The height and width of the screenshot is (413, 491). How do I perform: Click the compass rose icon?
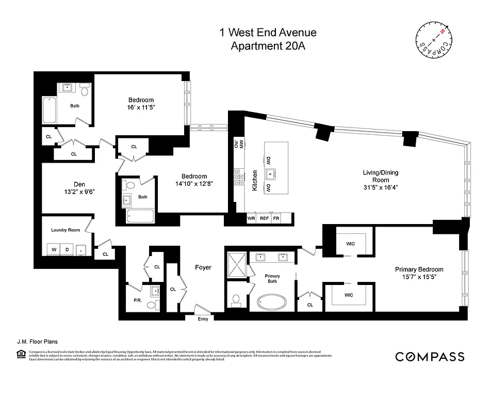click(x=434, y=41)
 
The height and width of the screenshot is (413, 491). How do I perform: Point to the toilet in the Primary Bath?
click(x=237, y=300)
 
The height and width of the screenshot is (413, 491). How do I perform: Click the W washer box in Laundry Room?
click(x=53, y=250)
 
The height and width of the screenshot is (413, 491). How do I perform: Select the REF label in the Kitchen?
click(x=264, y=218)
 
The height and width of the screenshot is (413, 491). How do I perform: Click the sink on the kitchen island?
click(x=269, y=174)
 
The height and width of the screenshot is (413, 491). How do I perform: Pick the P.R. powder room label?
click(x=138, y=299)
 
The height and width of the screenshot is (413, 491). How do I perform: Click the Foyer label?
click(x=203, y=267)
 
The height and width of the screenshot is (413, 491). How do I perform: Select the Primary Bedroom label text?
click(x=419, y=269)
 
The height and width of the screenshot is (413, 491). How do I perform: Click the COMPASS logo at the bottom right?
click(x=430, y=357)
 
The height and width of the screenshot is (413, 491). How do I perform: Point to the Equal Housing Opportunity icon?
click(x=21, y=354)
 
